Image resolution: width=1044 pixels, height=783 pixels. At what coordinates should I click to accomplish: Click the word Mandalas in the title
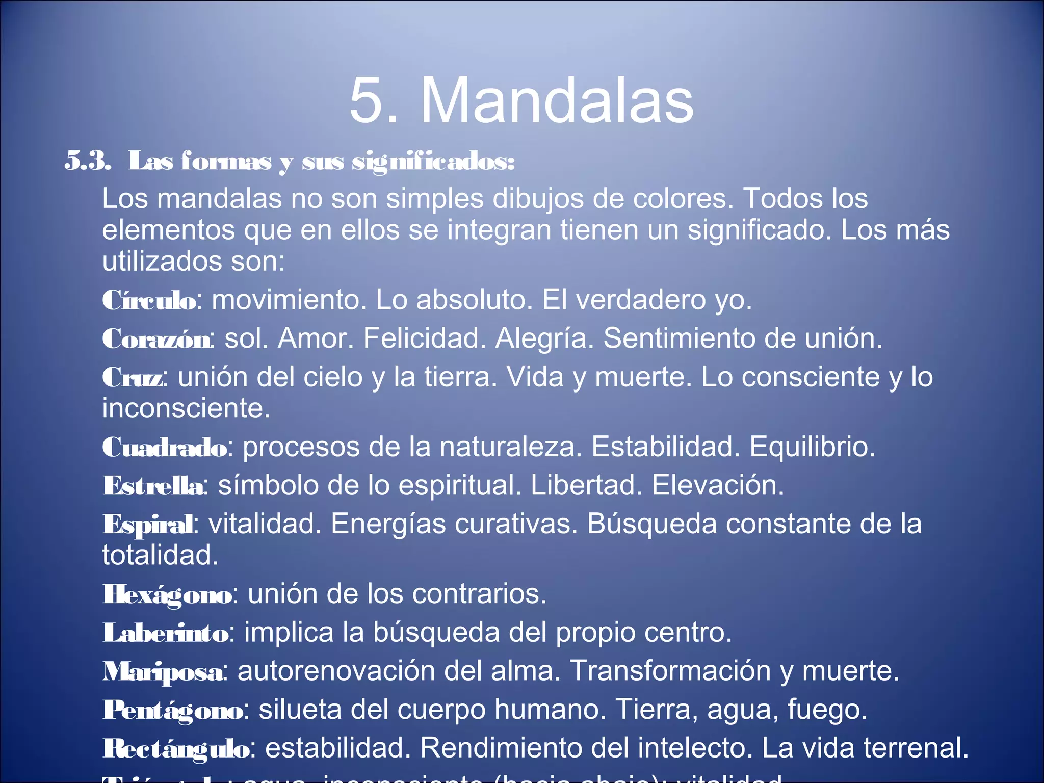point(557,100)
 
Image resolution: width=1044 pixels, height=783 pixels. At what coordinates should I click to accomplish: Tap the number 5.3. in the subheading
point(88,161)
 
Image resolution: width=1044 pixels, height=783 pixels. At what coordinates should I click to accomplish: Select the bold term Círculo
point(149,300)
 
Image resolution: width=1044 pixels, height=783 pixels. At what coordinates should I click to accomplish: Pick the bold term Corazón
point(156,339)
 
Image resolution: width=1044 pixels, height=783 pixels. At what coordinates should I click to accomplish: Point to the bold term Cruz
point(133,378)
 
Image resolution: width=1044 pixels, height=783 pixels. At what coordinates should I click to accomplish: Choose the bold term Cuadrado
point(165,448)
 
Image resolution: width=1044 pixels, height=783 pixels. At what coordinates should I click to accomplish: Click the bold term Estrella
point(153,486)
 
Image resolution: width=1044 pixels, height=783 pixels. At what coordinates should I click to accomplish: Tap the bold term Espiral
point(148,525)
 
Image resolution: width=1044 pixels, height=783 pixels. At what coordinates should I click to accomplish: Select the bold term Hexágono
point(167,595)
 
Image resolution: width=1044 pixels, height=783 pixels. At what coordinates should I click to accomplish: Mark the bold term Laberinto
point(166,633)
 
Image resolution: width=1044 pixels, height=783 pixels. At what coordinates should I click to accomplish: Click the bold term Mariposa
point(163,671)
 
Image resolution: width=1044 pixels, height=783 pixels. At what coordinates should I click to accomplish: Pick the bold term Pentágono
point(173,710)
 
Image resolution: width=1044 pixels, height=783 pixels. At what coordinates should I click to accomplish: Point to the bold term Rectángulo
point(176,749)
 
